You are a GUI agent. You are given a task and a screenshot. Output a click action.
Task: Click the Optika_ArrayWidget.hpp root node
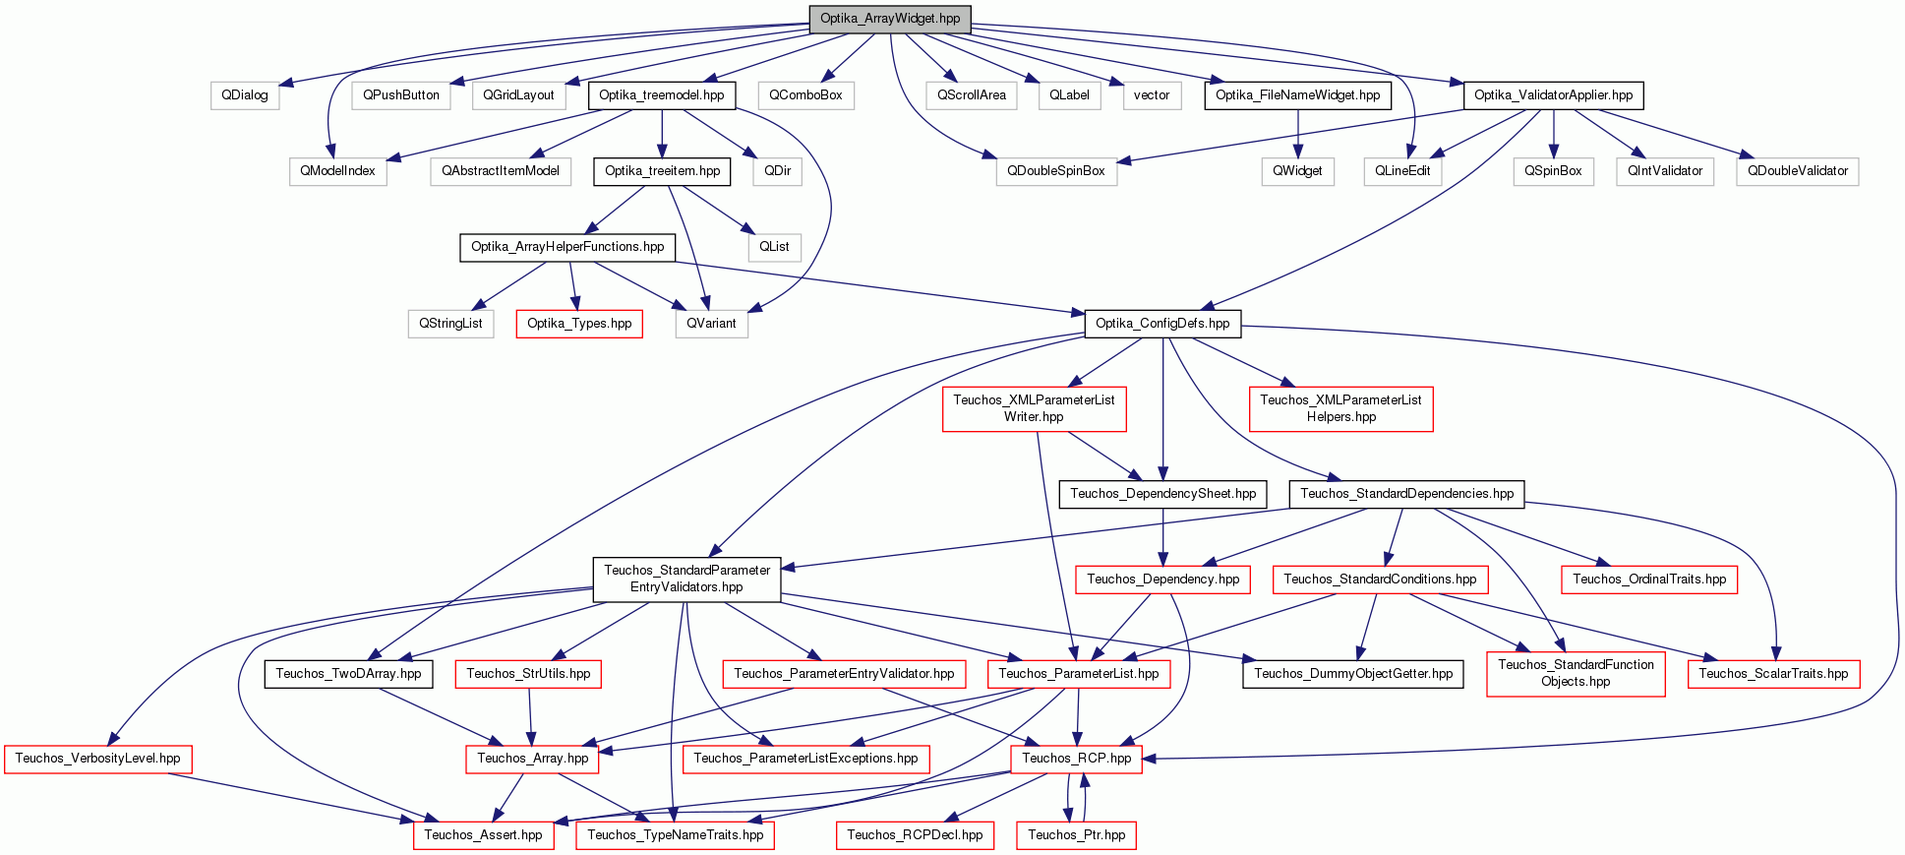890,19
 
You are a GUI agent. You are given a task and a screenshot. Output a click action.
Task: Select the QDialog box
245,95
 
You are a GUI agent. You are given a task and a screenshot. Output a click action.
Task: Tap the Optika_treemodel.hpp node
662,95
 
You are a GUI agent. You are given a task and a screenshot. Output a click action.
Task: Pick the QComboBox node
805,95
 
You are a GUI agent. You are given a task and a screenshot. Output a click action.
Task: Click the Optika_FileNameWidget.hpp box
1297,95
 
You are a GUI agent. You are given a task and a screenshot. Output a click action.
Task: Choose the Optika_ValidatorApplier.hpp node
1553,95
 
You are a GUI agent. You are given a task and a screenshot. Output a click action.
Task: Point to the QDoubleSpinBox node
1056,171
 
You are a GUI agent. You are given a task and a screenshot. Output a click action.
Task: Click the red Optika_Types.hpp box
579,324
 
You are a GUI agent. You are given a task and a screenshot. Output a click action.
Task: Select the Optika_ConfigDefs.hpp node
1162,324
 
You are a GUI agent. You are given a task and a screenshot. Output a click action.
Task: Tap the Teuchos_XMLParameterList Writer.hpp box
1035,408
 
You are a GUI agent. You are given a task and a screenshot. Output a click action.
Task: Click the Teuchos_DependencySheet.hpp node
1163,494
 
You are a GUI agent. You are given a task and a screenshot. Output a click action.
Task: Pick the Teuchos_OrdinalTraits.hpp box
1649,580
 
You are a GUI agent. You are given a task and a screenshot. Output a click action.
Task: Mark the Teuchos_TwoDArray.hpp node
348,674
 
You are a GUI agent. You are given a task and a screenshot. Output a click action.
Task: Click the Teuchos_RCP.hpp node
1077,759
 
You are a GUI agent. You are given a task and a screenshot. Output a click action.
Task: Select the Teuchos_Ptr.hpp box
1077,835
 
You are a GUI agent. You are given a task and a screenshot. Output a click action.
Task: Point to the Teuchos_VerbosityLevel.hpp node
97,759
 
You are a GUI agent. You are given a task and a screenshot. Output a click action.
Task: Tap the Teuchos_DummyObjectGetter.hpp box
1353,674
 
